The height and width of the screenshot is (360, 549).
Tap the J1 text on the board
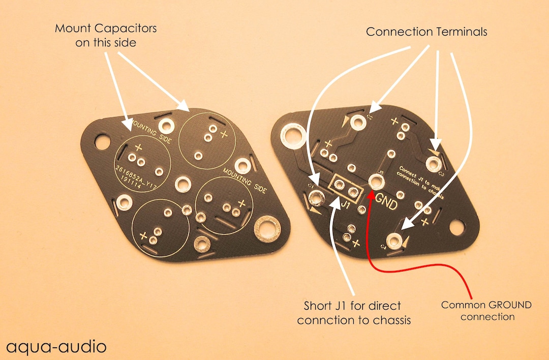[345, 206]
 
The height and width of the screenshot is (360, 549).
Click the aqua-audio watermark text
[56, 347]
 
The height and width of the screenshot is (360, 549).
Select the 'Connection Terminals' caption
[426, 32]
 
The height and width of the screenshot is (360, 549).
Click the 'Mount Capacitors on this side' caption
[106, 36]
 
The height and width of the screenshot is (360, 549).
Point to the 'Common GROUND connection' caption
[486, 311]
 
